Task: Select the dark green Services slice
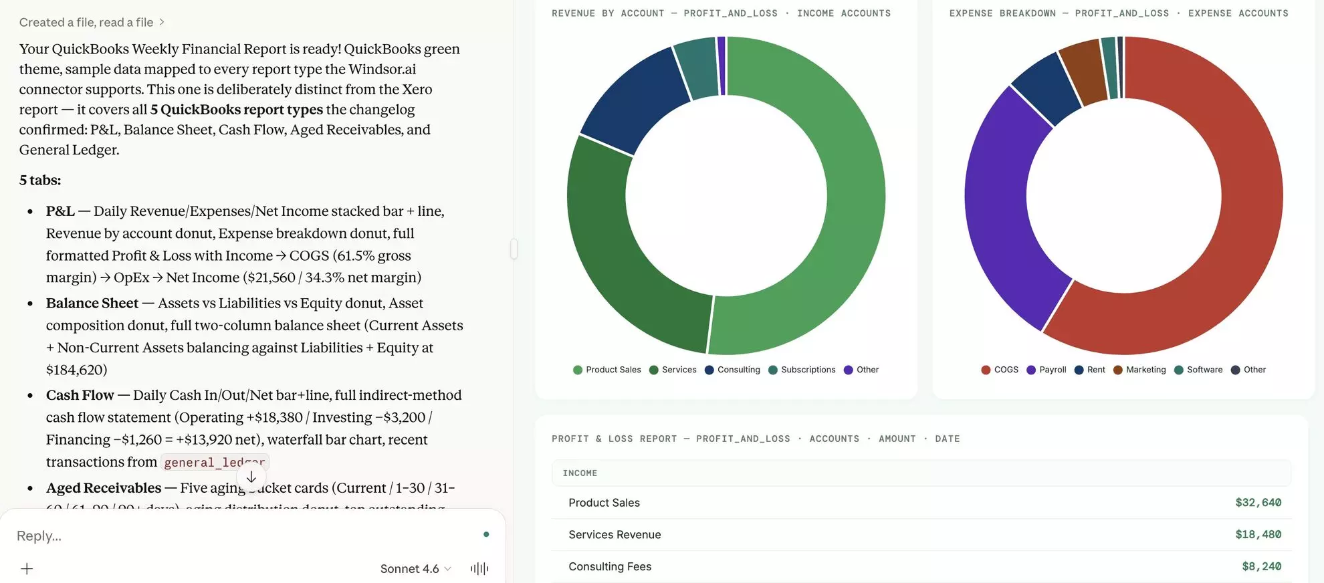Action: [x=615, y=261]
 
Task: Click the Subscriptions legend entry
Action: [x=802, y=370]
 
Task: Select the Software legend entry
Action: [x=1198, y=370]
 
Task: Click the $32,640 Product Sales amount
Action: [x=1258, y=503]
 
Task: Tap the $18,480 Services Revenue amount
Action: [x=1258, y=535]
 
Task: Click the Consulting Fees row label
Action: [x=610, y=567]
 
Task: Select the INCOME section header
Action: [x=580, y=473]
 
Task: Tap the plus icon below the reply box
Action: [x=27, y=569]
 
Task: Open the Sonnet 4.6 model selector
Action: [x=415, y=569]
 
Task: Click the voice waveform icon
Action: [x=479, y=569]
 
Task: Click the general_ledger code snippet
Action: [x=214, y=463]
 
